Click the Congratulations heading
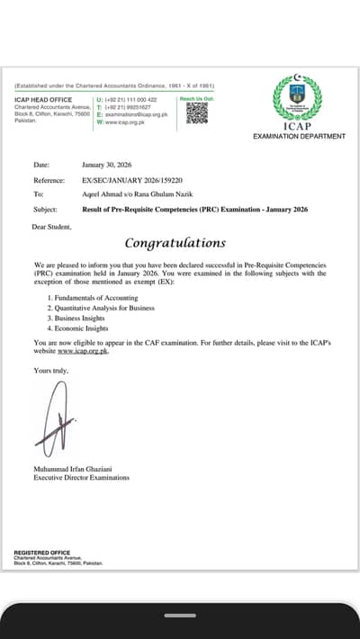pyautogui.click(x=175, y=243)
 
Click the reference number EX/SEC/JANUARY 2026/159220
pyautogui.click(x=131, y=180)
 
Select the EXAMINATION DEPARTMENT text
pyautogui.click(x=300, y=136)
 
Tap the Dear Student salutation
pyautogui.click(x=50, y=227)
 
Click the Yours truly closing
pyautogui.click(x=49, y=370)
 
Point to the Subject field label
pyautogui.click(x=45, y=209)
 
